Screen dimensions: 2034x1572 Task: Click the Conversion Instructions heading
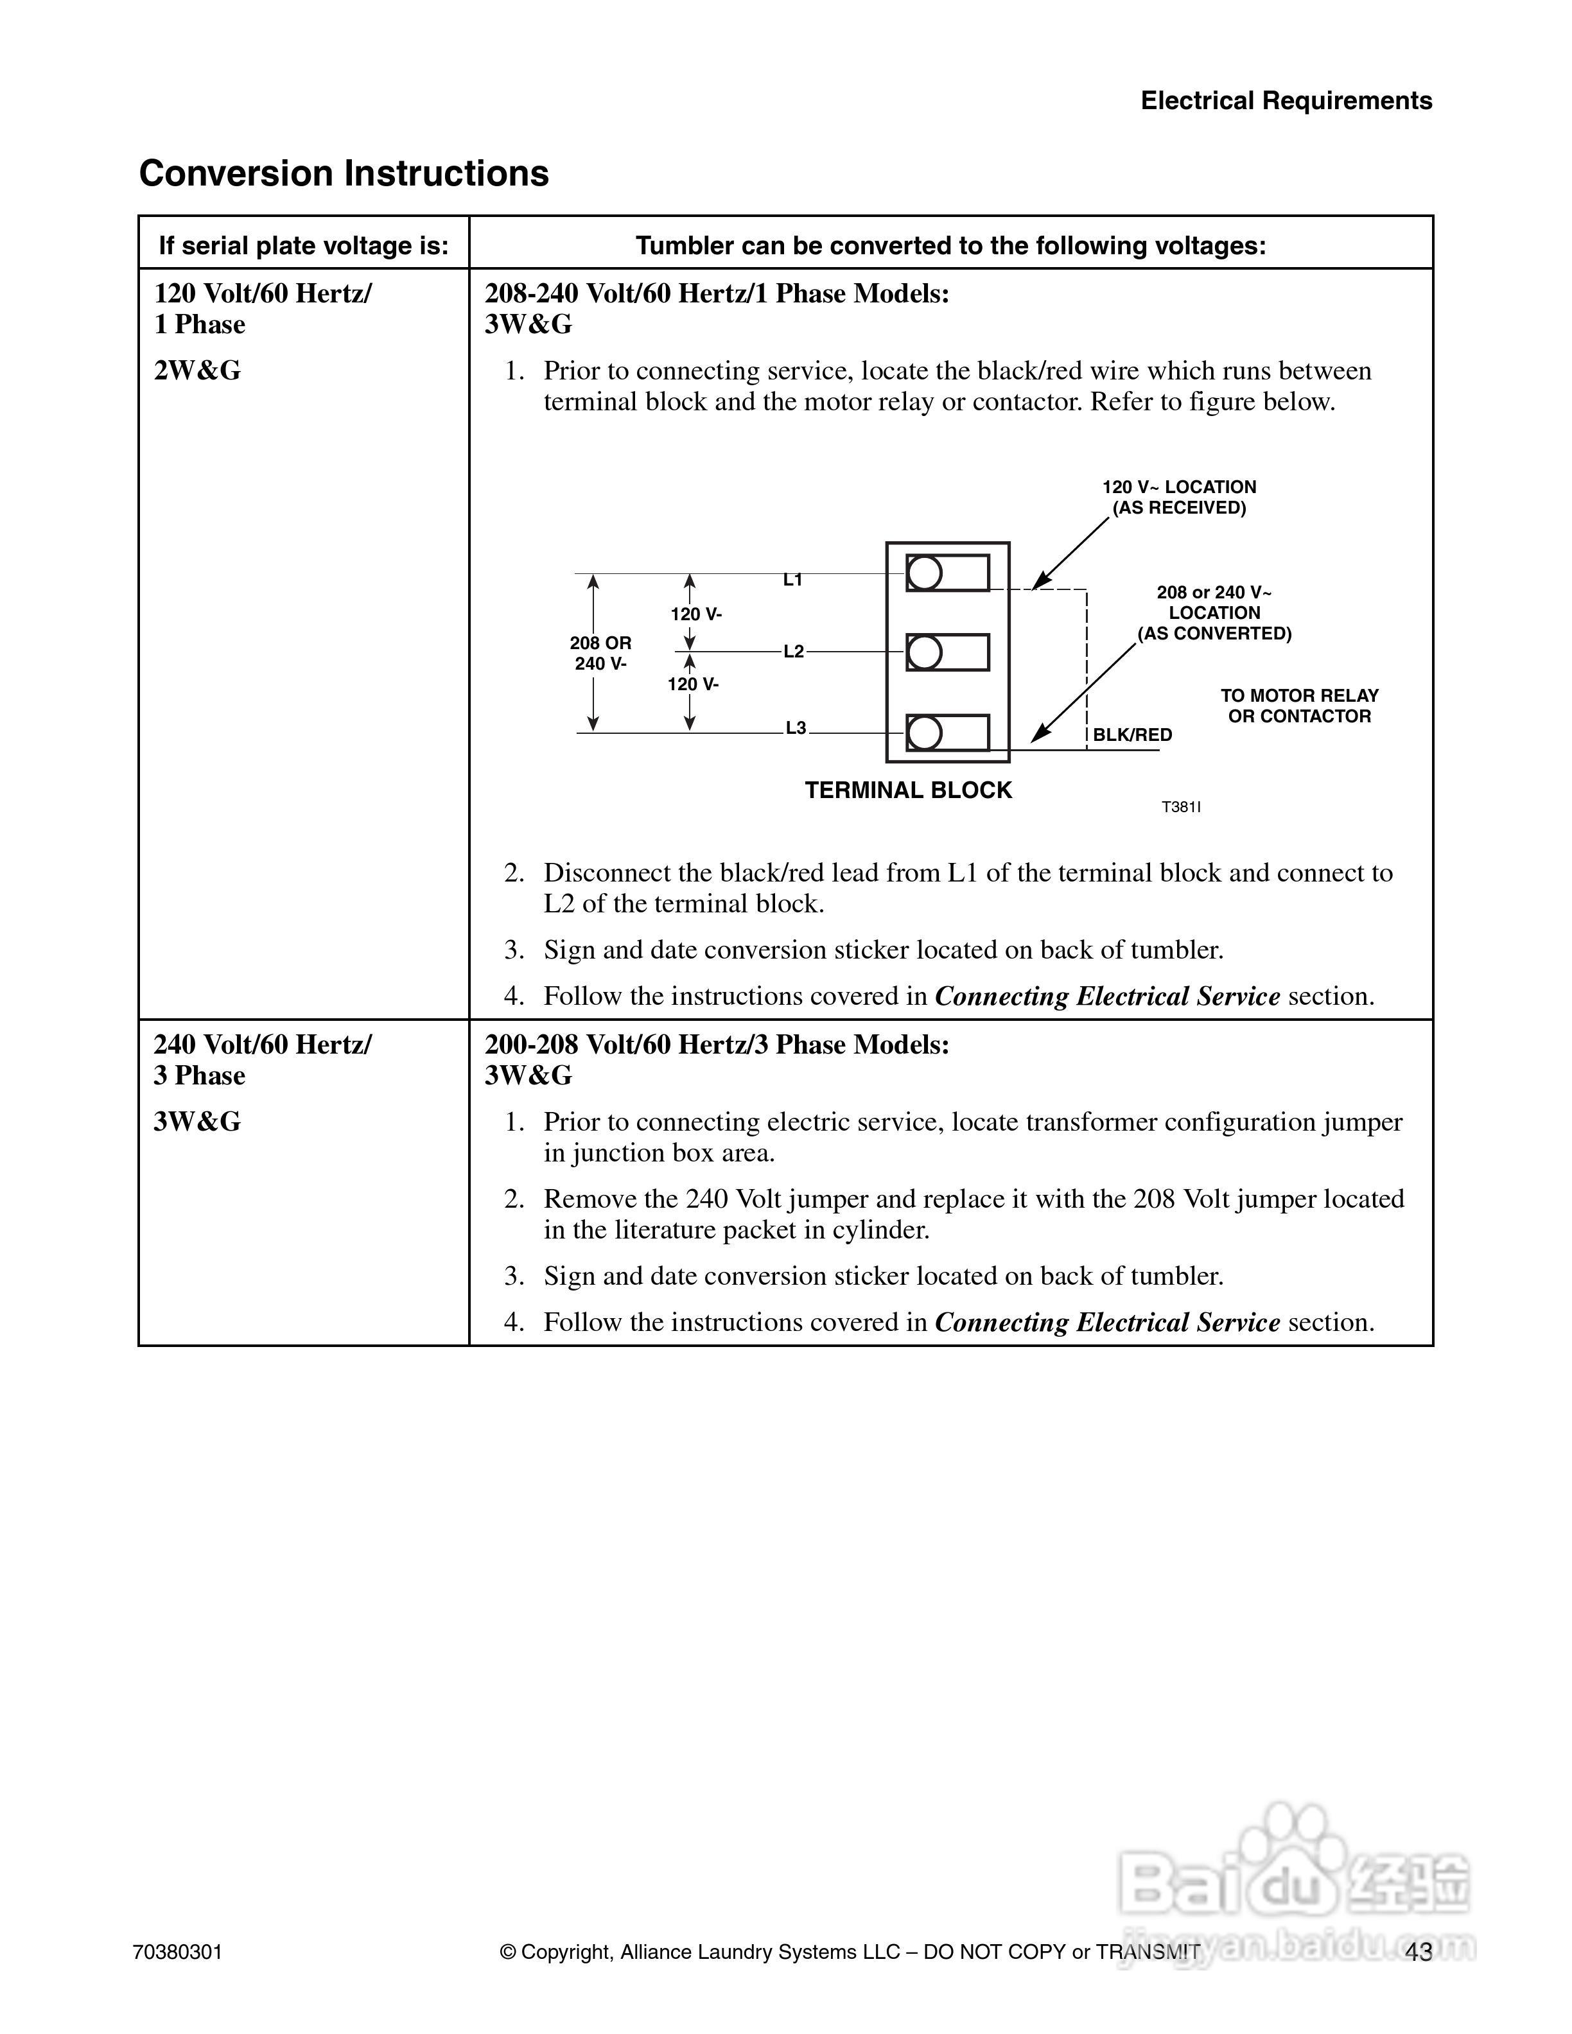pos(344,174)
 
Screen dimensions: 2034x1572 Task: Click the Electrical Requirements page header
pos(1286,101)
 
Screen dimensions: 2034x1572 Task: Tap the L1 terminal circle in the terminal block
pos(925,573)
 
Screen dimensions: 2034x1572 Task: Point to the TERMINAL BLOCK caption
pos(908,791)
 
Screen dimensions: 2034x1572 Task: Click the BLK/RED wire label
pos(1131,734)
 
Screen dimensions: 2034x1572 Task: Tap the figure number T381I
pos(1181,808)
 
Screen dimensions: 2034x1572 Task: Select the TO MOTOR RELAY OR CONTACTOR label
pos(1299,706)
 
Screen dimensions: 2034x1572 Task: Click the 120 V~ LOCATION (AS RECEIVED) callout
pos(1179,498)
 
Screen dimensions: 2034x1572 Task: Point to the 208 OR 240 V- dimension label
pos(600,653)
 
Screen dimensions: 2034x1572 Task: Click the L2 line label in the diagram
pos(794,652)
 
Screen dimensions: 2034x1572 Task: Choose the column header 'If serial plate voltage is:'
pos(304,246)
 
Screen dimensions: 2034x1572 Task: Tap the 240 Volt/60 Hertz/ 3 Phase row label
pos(263,1060)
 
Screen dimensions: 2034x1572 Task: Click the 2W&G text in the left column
pos(197,370)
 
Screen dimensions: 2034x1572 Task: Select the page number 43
pos(1419,1951)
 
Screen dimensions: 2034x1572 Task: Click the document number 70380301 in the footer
pos(178,1952)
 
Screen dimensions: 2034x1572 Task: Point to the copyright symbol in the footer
pos(507,1952)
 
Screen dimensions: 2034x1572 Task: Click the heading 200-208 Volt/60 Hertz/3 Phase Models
pos(716,1045)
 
